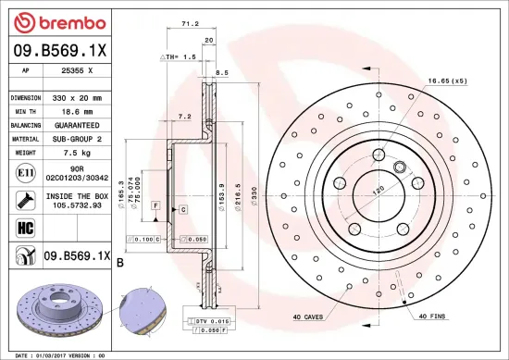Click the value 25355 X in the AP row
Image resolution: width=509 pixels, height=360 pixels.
pyautogui.click(x=76, y=70)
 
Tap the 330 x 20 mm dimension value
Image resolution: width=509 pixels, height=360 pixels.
pyautogui.click(x=76, y=96)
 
